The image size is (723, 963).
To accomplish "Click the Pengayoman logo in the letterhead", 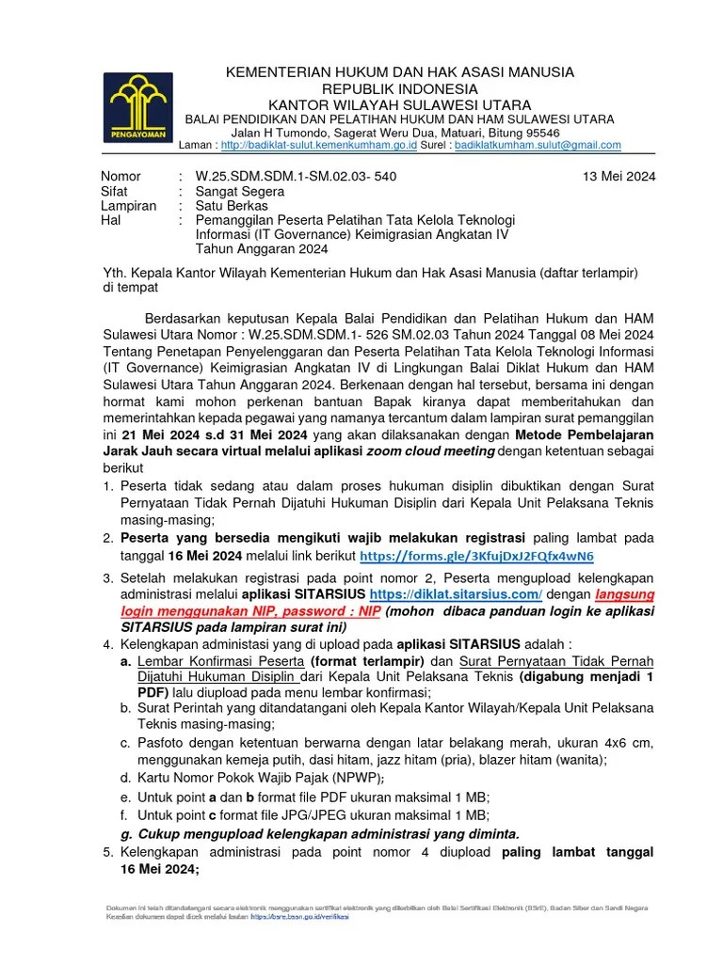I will coord(139,107).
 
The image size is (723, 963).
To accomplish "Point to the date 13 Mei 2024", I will coord(619,176).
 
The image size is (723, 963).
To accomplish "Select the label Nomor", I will coord(120,176).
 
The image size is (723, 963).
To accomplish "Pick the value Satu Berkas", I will coord(232,205).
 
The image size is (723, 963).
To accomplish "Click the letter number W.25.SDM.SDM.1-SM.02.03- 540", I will coord(296,176).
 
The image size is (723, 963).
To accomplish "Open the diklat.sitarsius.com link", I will coord(457,595).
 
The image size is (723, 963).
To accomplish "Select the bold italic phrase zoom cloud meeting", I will coord(431,450).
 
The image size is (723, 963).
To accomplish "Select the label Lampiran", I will coord(128,205).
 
